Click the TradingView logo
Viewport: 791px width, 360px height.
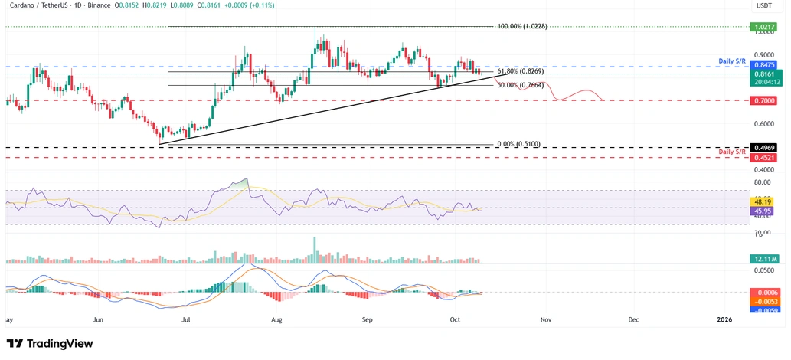[x=50, y=343]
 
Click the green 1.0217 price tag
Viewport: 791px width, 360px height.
[x=763, y=26]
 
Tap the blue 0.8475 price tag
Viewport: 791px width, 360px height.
[x=763, y=67]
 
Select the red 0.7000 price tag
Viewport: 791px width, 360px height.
[x=763, y=100]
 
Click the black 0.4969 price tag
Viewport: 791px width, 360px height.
[x=763, y=147]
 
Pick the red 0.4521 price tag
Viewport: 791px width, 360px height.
[x=763, y=158]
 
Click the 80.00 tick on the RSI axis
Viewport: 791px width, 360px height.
[x=762, y=182]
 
